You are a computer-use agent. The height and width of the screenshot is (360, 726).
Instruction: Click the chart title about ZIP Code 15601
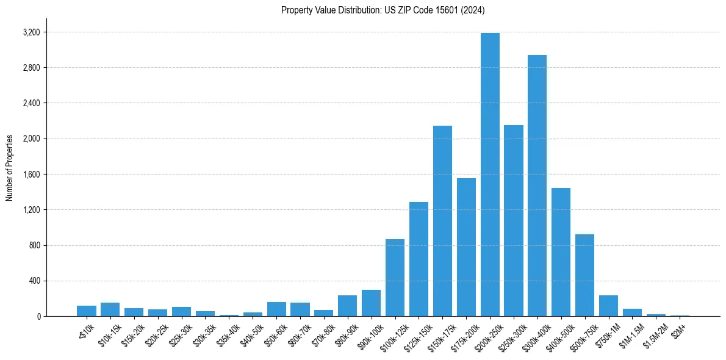pyautogui.click(x=383, y=10)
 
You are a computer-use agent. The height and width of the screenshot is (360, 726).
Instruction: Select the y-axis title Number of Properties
pyautogui.click(x=10, y=168)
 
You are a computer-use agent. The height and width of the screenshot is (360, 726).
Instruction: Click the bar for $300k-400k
pyautogui.click(x=537, y=185)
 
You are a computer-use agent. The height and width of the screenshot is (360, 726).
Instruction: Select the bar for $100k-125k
pyautogui.click(x=395, y=278)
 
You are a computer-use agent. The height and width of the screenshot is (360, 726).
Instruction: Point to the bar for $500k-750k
pyautogui.click(x=584, y=275)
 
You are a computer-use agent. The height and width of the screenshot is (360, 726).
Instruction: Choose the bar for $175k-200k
pyautogui.click(x=466, y=247)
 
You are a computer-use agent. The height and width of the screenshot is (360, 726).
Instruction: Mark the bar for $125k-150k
pyautogui.click(x=419, y=259)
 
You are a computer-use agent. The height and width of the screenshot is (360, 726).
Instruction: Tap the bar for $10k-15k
pyautogui.click(x=110, y=309)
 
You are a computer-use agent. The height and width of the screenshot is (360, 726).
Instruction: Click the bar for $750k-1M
pyautogui.click(x=608, y=306)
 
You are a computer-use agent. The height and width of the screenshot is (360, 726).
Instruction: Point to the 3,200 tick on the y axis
pyautogui.click(x=30, y=32)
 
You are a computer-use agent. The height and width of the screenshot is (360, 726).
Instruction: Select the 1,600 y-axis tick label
pyautogui.click(x=30, y=174)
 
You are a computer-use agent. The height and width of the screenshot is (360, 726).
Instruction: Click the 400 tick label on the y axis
pyautogui.click(x=33, y=281)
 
